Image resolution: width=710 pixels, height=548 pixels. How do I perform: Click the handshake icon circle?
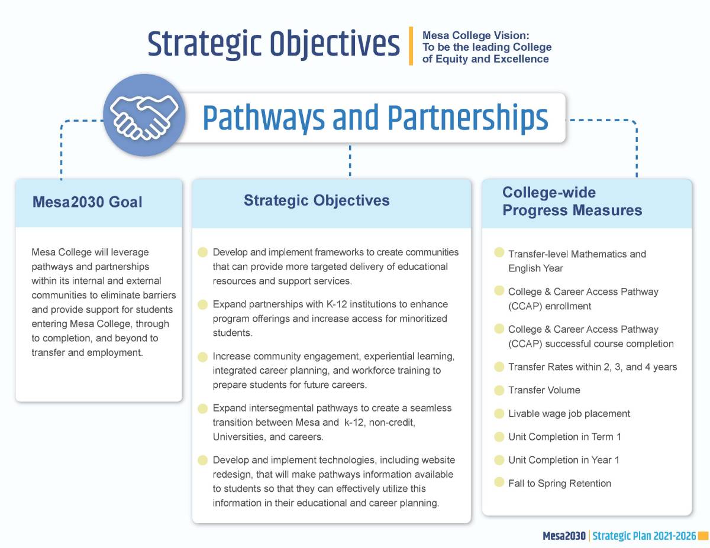(144, 115)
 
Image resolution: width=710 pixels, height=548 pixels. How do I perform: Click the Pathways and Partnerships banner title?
(375, 118)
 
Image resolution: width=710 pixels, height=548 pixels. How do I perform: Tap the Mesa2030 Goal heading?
(87, 202)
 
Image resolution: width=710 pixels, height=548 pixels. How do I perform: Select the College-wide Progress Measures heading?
(572, 202)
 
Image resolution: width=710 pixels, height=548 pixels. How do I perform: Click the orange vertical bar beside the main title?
(411, 46)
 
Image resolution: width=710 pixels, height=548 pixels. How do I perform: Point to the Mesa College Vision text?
(486, 47)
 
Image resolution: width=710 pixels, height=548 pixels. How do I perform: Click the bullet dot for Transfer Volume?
(499, 390)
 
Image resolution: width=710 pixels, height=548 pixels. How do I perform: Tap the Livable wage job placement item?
(569, 414)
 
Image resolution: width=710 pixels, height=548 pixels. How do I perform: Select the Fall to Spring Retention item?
(559, 484)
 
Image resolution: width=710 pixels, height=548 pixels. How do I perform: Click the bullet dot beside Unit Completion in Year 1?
(499, 459)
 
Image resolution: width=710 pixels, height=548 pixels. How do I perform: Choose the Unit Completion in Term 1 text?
(564, 437)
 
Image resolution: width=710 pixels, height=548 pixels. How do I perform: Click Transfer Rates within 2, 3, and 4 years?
(592, 367)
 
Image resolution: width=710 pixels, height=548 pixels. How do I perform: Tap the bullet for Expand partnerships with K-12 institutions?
(203, 304)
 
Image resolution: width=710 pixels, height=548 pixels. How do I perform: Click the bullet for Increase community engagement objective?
(203, 357)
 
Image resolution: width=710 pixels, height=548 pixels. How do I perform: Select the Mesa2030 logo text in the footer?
(563, 536)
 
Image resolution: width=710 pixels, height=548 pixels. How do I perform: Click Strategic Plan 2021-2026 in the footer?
(644, 536)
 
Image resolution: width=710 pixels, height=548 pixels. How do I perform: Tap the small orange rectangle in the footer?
(703, 536)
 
